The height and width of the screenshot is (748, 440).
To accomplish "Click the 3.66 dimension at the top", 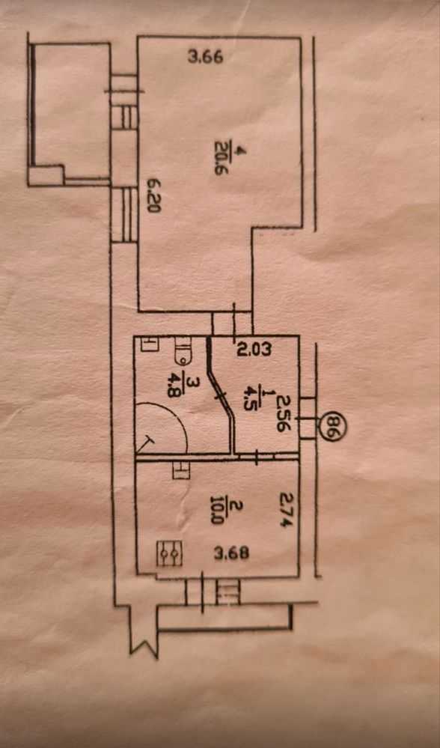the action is click(206, 58).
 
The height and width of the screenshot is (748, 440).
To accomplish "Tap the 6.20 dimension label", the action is click(153, 195).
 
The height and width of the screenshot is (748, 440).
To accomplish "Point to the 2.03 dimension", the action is click(254, 350).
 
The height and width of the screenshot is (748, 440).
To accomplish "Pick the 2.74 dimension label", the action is click(284, 510).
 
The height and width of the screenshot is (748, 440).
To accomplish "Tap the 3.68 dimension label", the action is click(232, 554).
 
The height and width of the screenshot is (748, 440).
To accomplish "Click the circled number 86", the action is click(331, 428).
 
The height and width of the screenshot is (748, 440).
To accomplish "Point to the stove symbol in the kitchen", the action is click(170, 553).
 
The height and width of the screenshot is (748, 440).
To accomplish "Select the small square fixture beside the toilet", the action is click(150, 344).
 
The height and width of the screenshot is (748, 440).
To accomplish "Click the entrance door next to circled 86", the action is click(307, 418).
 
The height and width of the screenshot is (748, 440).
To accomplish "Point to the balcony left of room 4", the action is click(69, 114).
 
